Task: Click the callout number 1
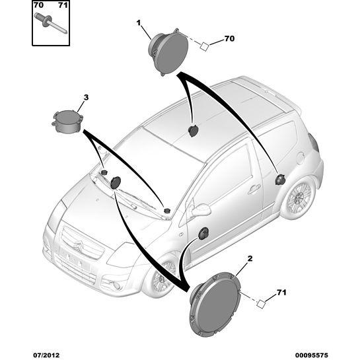tap(139, 22)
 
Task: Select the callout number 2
tap(250, 259)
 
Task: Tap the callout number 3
tap(86, 98)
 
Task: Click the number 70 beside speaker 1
tap(229, 38)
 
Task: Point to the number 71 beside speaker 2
tap(281, 293)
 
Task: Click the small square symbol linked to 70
tap(204, 46)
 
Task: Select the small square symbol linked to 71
tap(261, 304)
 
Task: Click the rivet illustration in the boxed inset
tap(50, 24)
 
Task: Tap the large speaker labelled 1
tap(168, 52)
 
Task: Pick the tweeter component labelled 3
tap(67, 122)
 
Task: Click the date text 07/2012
tap(46, 355)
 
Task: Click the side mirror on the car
tap(200, 209)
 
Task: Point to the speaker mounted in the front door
tap(203, 234)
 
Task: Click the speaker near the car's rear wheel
tap(280, 179)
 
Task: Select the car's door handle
tap(254, 189)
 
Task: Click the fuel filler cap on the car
tap(301, 159)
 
